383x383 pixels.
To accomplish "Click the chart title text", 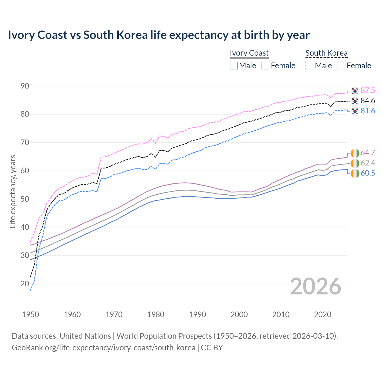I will (x=159, y=35).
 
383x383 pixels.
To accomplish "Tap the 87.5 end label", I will (x=368, y=91).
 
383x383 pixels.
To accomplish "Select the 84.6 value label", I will (x=368, y=101).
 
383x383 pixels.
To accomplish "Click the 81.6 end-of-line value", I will (x=368, y=111).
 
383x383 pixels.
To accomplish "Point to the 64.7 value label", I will (x=368, y=153).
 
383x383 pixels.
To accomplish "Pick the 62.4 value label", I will (x=368, y=163).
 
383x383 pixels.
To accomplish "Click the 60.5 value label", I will (x=368, y=173).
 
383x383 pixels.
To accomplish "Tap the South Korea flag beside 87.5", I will (x=355, y=91).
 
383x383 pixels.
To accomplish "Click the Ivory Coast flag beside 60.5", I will (x=355, y=173).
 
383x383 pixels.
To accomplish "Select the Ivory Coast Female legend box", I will (x=265, y=66).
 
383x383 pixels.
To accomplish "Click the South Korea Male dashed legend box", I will (x=309, y=66).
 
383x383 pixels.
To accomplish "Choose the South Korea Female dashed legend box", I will (x=341, y=66).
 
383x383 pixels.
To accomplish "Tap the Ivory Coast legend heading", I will (x=249, y=53).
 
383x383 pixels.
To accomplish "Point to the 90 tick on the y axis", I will (x=25, y=86).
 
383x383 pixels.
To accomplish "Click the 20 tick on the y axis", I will (x=25, y=284).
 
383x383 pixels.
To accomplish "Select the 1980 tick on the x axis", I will (x=156, y=314).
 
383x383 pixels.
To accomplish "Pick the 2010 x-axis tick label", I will (x=281, y=314).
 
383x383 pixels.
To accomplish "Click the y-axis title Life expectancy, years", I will (x=13, y=191).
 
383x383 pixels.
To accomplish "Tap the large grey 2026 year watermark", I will (x=316, y=286).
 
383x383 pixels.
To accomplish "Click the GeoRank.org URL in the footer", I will (x=103, y=348).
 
